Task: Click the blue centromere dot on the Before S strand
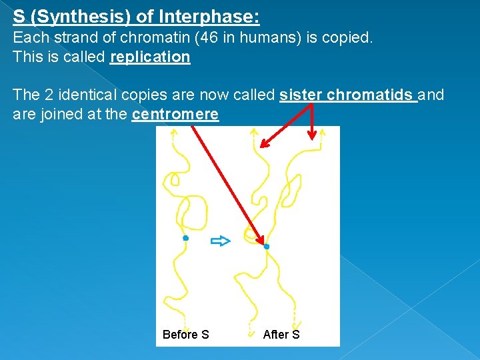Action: (185, 238)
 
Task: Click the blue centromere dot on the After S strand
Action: (267, 247)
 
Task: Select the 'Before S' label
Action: (185, 335)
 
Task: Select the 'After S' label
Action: (281, 335)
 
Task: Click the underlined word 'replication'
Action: (150, 57)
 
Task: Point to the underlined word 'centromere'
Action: (175, 115)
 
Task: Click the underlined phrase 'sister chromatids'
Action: (348, 95)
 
